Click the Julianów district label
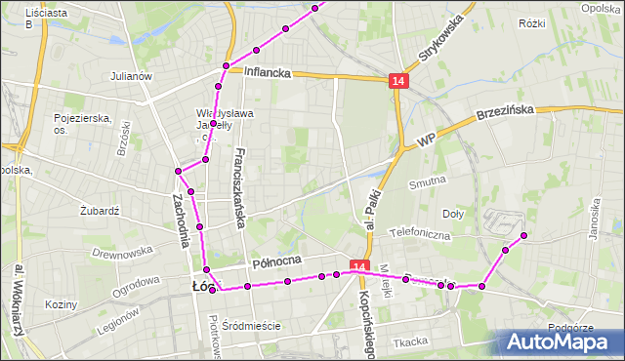[131, 75]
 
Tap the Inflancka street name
[268, 72]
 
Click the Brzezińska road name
[506, 112]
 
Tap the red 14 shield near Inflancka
[397, 82]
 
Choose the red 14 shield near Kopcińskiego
[359, 267]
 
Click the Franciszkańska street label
[240, 189]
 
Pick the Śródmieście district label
[251, 326]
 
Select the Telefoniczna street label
[419, 234]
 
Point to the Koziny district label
[61, 304]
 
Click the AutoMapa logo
[560, 341]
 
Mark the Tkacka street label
[411, 341]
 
